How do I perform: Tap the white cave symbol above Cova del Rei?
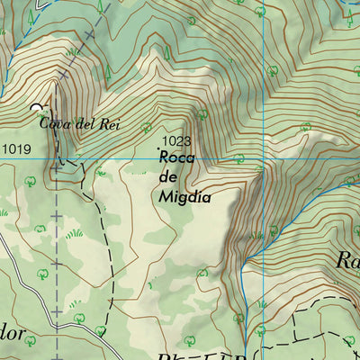pyautogui.click(x=37, y=108)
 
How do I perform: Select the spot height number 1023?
pyautogui.click(x=177, y=141)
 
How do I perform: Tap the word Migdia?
pyautogui.click(x=185, y=196)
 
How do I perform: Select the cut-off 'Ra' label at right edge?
pyautogui.click(x=347, y=262)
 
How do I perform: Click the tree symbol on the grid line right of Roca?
pyautogui.click(x=238, y=158)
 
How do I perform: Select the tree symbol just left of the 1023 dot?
pyautogui.click(x=147, y=128)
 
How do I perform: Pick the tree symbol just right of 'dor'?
pyautogui.click(x=77, y=317)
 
